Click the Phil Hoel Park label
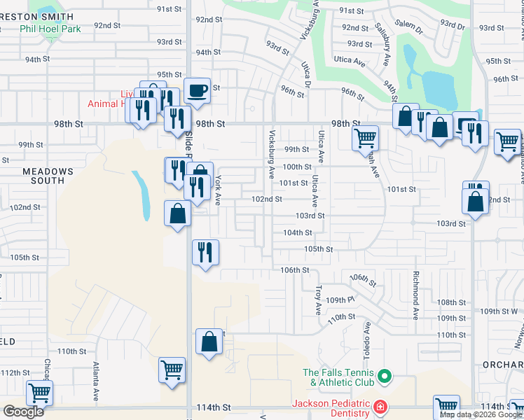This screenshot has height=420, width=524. point(50,29)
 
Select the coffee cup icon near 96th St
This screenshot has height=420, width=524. point(198,90)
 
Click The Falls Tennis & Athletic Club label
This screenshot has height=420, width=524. point(340,377)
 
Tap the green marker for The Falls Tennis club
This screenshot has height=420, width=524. point(384,378)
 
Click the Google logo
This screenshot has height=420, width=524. point(23,412)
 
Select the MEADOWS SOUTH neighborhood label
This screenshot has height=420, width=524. point(48,176)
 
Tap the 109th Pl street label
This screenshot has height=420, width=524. point(340,300)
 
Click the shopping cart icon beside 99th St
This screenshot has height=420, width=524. point(365,138)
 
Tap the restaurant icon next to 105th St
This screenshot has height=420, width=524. point(205,252)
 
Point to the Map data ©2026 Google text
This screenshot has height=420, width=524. point(481,414)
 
